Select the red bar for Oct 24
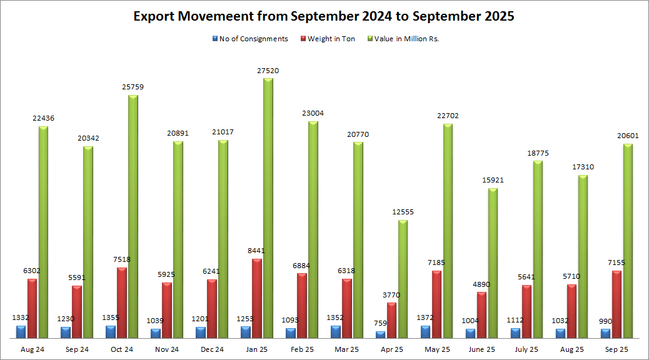click(x=122, y=303)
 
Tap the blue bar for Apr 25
click(x=381, y=334)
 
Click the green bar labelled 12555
click(x=403, y=279)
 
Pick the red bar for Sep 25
click(x=617, y=304)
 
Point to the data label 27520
click(x=268, y=71)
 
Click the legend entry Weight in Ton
click(x=331, y=39)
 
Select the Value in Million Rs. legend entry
click(x=407, y=39)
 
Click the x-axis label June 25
click(x=482, y=349)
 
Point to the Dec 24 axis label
click(x=212, y=349)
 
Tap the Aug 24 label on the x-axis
click(x=32, y=349)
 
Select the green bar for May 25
click(x=448, y=231)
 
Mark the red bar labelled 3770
click(x=392, y=321)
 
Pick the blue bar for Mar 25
click(x=336, y=332)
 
